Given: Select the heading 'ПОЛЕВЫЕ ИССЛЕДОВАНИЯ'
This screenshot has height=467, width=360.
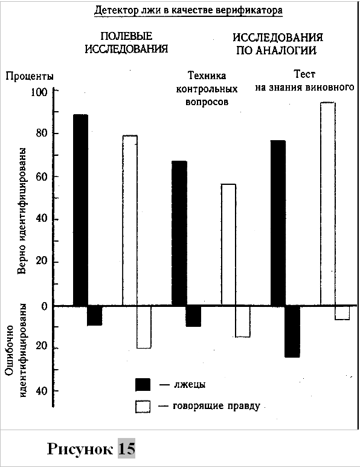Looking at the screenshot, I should [133, 42].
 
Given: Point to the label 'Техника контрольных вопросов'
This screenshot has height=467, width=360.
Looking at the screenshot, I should [207, 89].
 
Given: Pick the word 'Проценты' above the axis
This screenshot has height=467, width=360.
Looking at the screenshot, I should [30, 76].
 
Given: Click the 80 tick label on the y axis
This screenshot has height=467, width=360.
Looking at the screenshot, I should [41, 134].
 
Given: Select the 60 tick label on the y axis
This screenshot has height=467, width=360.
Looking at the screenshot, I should [41, 177].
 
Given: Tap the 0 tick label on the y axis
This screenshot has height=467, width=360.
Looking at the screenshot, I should [44, 306].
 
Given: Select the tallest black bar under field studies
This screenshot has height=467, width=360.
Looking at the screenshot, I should [80, 210].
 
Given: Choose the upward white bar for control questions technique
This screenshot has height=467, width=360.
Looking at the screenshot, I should [228, 244].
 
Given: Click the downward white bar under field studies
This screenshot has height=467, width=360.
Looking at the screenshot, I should [143, 327].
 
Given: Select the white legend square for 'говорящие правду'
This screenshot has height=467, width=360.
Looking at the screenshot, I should [142, 407].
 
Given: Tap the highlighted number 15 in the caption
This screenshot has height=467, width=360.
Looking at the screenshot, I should [126, 449].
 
